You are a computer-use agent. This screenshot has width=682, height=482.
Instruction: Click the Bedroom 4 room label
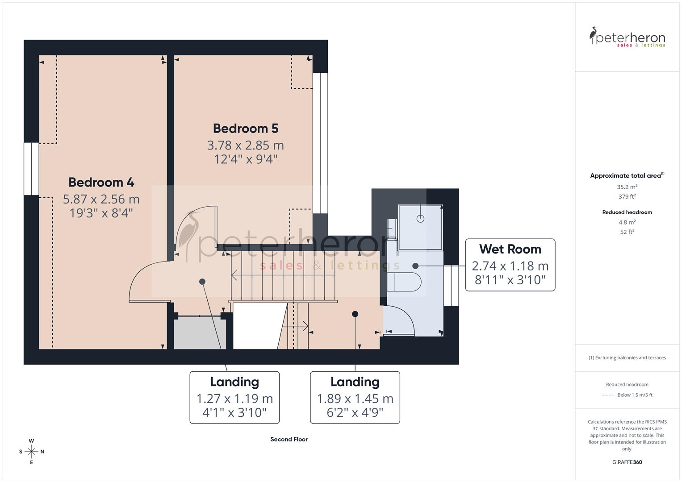(x=101, y=182)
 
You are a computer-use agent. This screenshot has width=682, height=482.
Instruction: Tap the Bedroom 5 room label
(x=245, y=129)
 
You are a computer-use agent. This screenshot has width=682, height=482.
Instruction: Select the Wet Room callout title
(x=510, y=249)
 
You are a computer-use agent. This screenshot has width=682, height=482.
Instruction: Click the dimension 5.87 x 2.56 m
(x=101, y=199)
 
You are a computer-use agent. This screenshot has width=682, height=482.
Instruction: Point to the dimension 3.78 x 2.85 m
(x=245, y=145)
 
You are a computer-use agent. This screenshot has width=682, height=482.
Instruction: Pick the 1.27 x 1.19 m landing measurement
(x=234, y=399)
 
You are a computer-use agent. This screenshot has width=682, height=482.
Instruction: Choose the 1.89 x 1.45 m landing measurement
(x=355, y=399)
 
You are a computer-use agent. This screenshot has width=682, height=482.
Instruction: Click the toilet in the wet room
(x=404, y=282)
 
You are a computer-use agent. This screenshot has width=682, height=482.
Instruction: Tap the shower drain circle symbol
(x=420, y=218)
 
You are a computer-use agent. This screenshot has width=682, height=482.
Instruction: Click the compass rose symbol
(x=31, y=452)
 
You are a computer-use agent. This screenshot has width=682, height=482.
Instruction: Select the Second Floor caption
(x=289, y=439)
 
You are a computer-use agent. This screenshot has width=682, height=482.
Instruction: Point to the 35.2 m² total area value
(x=627, y=187)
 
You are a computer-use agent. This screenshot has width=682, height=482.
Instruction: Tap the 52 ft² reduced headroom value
(x=627, y=232)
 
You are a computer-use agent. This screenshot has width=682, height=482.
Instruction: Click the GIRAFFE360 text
(x=627, y=462)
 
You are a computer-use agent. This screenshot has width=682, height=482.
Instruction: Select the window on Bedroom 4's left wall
(x=31, y=169)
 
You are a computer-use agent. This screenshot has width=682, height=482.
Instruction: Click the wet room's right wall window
(x=451, y=285)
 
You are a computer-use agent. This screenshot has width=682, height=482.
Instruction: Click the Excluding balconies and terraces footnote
(x=627, y=357)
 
